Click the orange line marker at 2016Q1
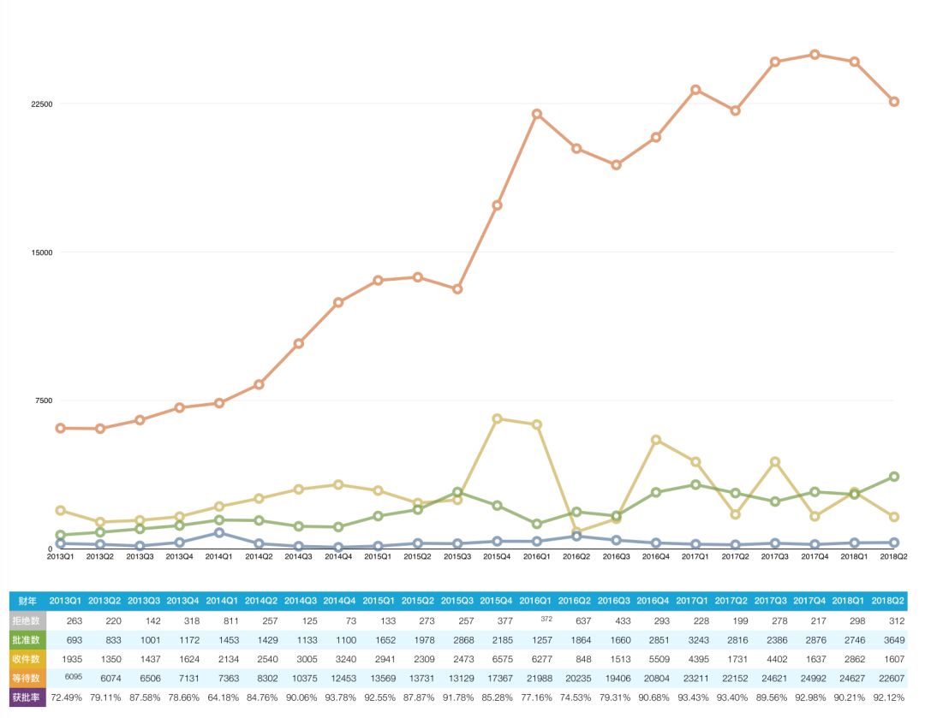coord(536,114)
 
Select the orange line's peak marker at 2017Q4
coord(815,55)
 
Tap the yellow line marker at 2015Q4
coord(497,418)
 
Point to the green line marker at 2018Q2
coord(894,477)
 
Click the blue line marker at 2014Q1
coord(219,532)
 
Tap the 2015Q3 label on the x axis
coord(457,556)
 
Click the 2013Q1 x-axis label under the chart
coord(61,556)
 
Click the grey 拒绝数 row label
coord(27,620)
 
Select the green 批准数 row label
coord(27,639)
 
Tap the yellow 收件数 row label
coord(27,659)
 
